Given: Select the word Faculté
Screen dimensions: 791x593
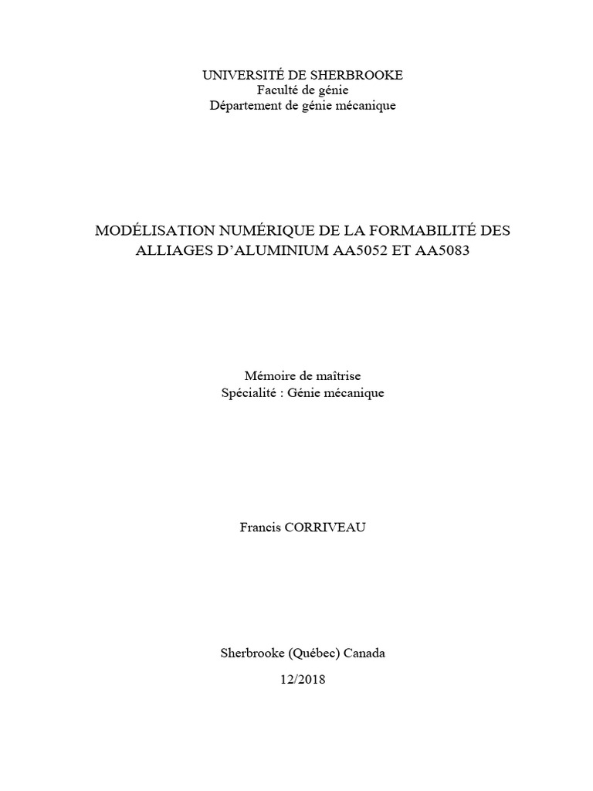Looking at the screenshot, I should [276, 90].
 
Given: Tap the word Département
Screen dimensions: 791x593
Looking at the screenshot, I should [246, 106].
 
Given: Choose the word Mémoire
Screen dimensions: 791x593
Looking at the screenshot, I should [267, 376].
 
